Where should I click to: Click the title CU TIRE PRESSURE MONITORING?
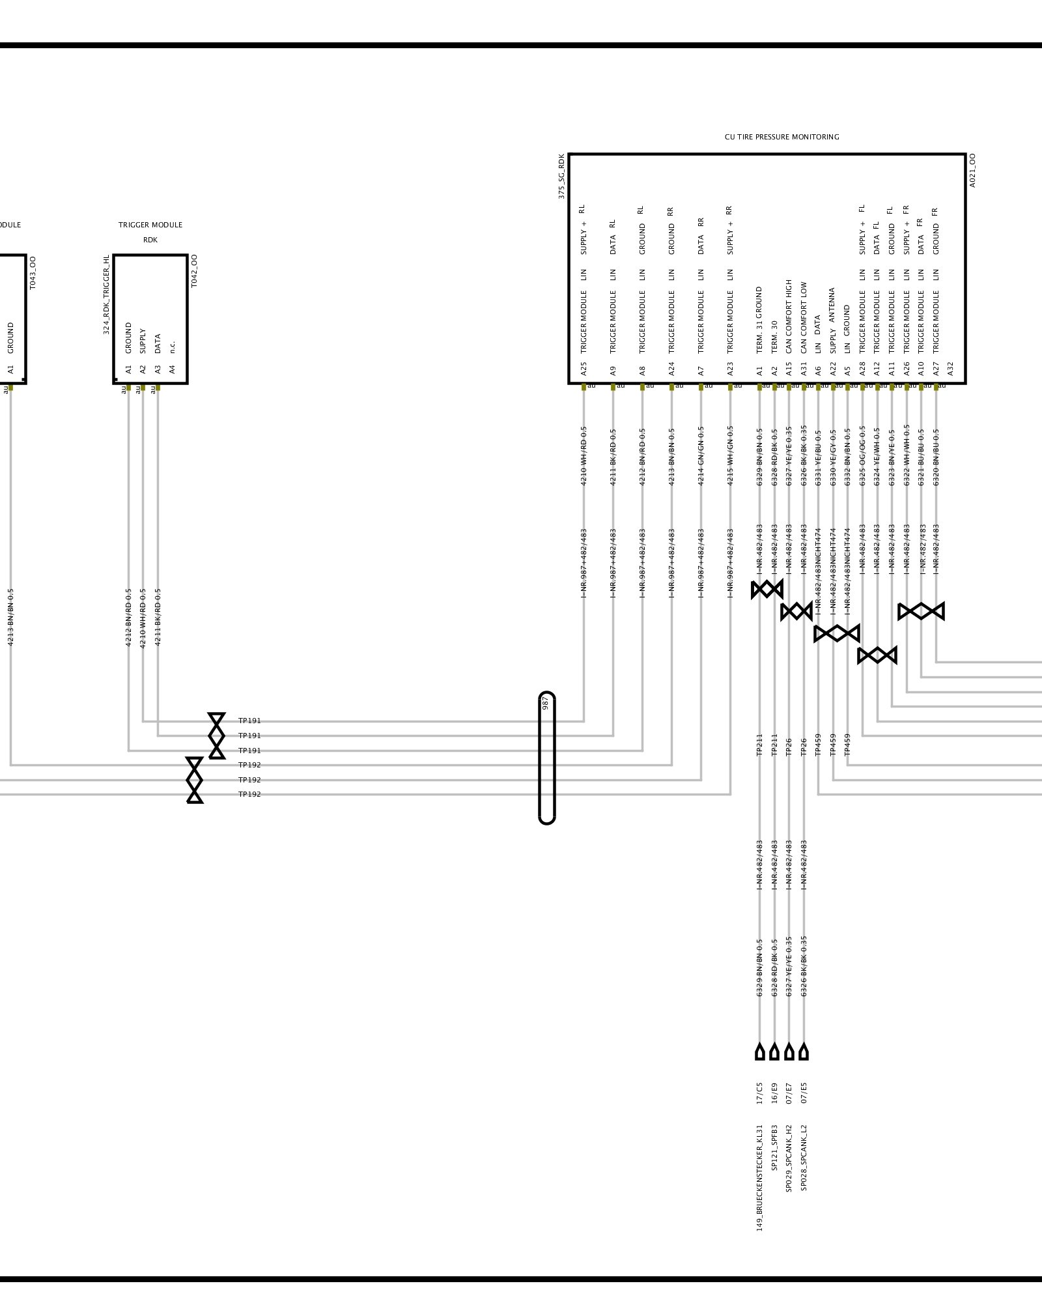pyautogui.click(x=781, y=137)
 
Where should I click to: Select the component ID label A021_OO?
pyautogui.click(x=972, y=171)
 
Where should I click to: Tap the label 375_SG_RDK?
pyautogui.click(x=561, y=176)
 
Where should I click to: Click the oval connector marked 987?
pyautogui.click(x=546, y=758)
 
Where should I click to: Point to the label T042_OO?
pyautogui.click(x=194, y=271)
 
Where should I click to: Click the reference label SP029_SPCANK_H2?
pyautogui.click(x=789, y=1158)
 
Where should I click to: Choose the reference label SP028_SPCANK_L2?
pyautogui.click(x=804, y=1158)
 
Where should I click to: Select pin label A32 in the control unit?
pyautogui.click(x=950, y=369)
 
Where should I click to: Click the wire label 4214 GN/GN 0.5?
pyautogui.click(x=701, y=456)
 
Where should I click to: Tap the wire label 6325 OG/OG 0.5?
pyautogui.click(x=862, y=456)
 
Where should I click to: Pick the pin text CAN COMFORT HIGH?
pyautogui.click(x=789, y=317)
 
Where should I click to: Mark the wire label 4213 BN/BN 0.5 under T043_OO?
pyautogui.click(x=10, y=617)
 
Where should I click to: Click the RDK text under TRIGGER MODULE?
pyautogui.click(x=150, y=240)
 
